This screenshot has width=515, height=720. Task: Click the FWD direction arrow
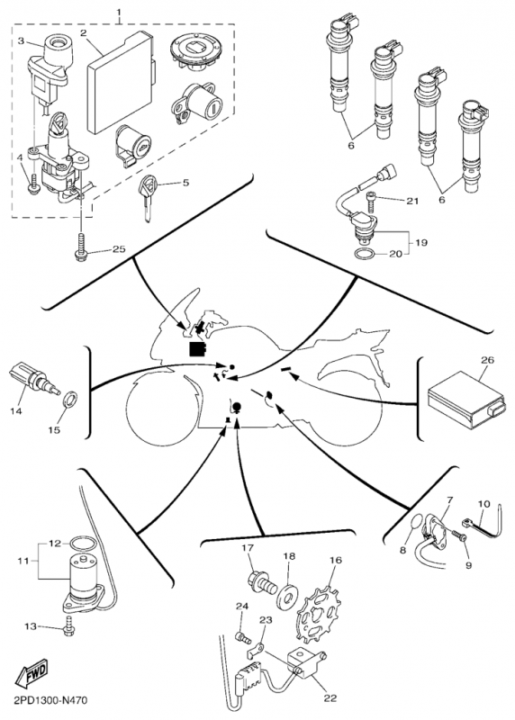pyautogui.click(x=31, y=673)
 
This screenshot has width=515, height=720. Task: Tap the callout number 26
pyautogui.click(x=487, y=360)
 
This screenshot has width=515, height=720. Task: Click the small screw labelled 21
pyautogui.click(x=372, y=203)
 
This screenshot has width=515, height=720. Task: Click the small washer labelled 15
pyautogui.click(x=69, y=400)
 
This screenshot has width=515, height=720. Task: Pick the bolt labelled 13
pyautogui.click(x=69, y=625)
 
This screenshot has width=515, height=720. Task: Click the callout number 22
pyautogui.click(x=330, y=698)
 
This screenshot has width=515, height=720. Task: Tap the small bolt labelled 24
pyautogui.click(x=243, y=637)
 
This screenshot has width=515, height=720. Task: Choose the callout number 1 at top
pyautogui.click(x=119, y=10)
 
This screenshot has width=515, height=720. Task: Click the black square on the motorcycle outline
pyautogui.click(x=197, y=348)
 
